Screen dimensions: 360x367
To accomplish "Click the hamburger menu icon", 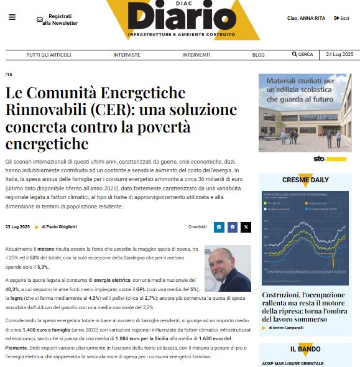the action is [x=12, y=17].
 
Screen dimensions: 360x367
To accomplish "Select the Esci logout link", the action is [x=341, y=19].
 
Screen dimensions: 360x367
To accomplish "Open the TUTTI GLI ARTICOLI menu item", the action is [x=52, y=55].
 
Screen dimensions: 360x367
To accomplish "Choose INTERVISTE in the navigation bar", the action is [x=126, y=55].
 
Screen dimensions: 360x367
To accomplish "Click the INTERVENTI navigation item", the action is [x=196, y=55].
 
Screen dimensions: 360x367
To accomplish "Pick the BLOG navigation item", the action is [x=258, y=55].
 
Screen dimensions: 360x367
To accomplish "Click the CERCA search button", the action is [x=303, y=55].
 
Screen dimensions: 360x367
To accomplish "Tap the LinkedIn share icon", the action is [x=219, y=228].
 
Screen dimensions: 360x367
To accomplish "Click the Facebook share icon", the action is [x=233, y=228].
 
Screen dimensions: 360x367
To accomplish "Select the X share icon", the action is [x=246, y=228].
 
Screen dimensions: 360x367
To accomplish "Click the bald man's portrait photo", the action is [x=228, y=269].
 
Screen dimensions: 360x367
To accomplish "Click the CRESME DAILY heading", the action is [x=305, y=180].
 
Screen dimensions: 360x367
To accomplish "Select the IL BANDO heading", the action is [x=305, y=349].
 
